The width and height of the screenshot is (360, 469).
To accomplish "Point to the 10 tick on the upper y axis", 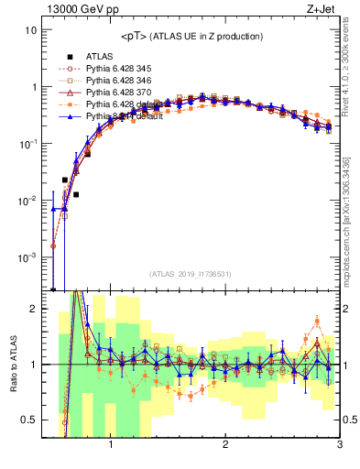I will (30, 30).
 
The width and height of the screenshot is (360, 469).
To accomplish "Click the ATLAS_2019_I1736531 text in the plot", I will (191, 274).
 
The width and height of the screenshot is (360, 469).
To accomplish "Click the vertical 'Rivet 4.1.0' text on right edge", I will (352, 92).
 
